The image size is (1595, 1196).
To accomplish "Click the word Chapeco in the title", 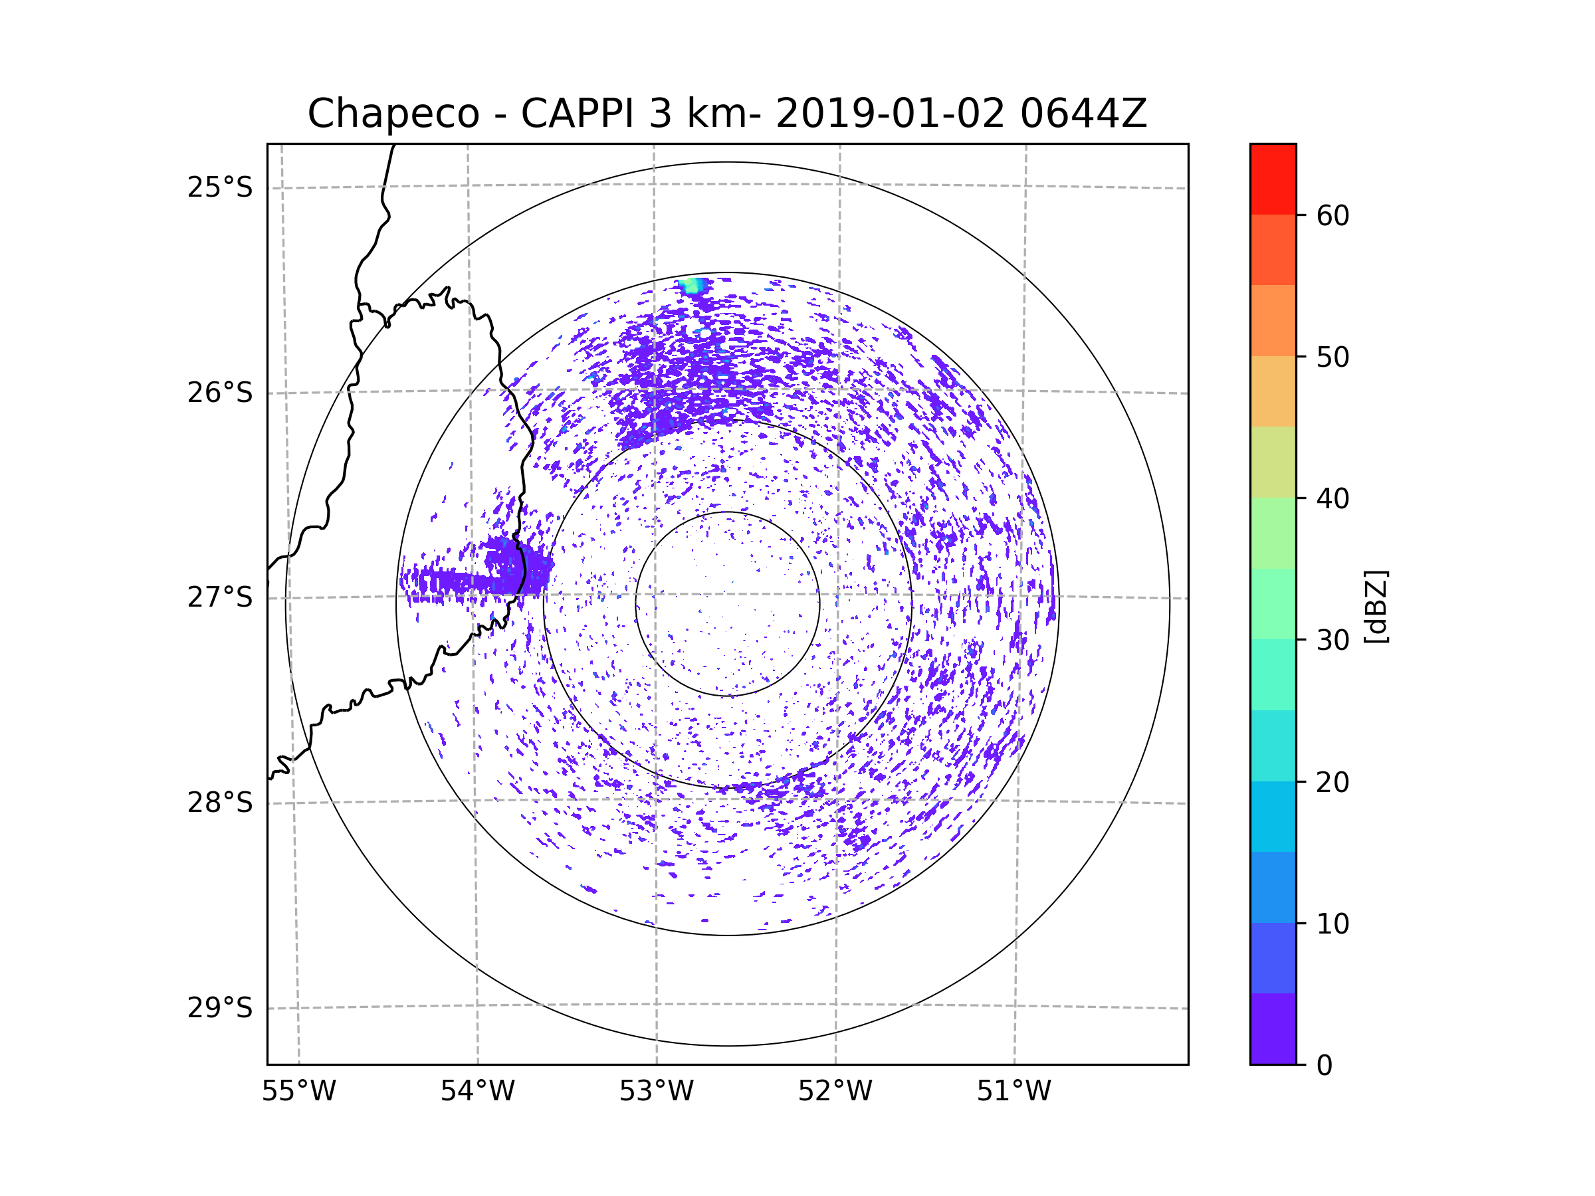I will (x=393, y=114).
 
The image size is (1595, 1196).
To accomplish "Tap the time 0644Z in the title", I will (x=1083, y=114).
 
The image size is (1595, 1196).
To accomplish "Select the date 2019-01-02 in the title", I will (x=889, y=114).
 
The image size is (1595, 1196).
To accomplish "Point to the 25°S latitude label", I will (x=220, y=187).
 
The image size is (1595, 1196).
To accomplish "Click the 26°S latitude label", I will (x=220, y=393).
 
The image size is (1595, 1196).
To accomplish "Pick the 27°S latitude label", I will (x=220, y=597).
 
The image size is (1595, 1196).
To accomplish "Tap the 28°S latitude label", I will (x=220, y=803).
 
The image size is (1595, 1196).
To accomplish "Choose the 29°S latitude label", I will (x=220, y=1008).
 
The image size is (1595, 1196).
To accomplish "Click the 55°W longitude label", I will (x=298, y=1092).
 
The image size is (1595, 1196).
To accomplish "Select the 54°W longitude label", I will (x=477, y=1092).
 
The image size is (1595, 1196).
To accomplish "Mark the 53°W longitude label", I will (x=656, y=1092).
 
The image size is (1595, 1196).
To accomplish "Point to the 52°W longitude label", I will (x=835, y=1092).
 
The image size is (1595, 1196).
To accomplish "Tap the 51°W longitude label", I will (x=1013, y=1092).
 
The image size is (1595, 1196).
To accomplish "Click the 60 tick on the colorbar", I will (x=1332, y=215).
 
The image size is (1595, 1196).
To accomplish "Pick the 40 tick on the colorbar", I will (x=1332, y=499).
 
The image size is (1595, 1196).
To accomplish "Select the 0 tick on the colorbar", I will (x=1324, y=1066).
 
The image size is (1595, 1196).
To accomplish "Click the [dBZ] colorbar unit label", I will (x=1375, y=606).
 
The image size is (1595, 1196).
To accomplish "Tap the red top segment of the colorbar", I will (x=1273, y=179).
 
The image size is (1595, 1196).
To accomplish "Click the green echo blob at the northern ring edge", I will (x=693, y=286).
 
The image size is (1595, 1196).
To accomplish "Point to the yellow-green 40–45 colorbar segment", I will (x=1273, y=462).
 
